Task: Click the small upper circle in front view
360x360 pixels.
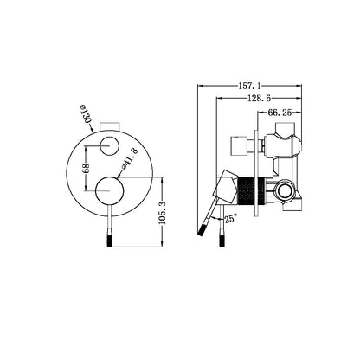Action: (x=110, y=144)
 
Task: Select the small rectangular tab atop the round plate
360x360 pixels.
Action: (x=110, y=121)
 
